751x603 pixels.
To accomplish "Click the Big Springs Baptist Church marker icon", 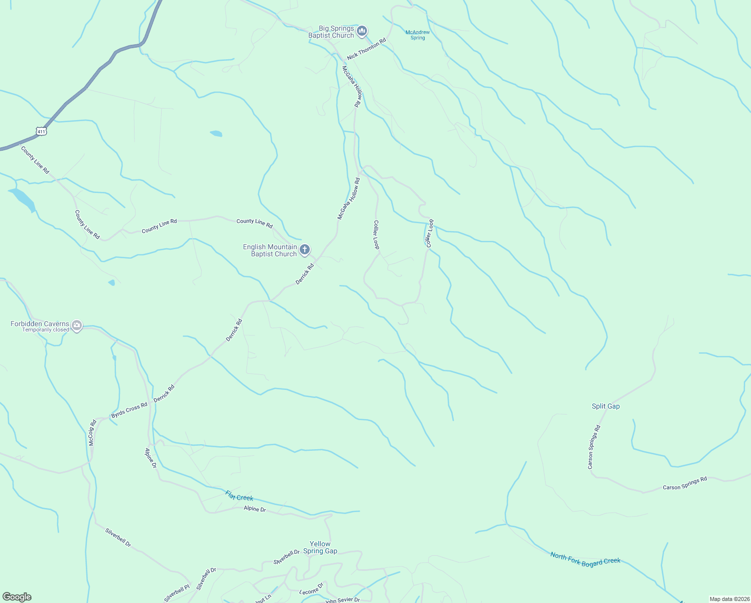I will (x=362, y=32).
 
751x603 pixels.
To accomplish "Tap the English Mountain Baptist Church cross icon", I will (x=304, y=250).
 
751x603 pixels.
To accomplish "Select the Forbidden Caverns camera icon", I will (x=77, y=326).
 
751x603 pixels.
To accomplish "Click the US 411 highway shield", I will (x=41, y=132).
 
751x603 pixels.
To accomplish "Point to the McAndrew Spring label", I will (x=418, y=35).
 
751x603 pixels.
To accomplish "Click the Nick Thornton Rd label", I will (x=366, y=49).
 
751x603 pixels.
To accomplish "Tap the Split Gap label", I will (x=605, y=406).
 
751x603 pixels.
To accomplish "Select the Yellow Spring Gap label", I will (x=320, y=547).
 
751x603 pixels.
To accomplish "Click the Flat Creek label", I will (x=239, y=496).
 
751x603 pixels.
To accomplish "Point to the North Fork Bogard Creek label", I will (x=585, y=559).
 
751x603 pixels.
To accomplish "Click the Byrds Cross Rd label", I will (x=130, y=410).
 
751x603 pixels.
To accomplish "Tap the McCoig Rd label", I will (x=92, y=433).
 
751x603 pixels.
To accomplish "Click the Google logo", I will (x=17, y=597).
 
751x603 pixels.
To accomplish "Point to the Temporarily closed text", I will (x=46, y=330).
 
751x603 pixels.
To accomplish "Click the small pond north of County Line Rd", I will (x=216, y=134).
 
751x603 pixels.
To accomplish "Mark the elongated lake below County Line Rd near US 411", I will (x=23, y=199).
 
